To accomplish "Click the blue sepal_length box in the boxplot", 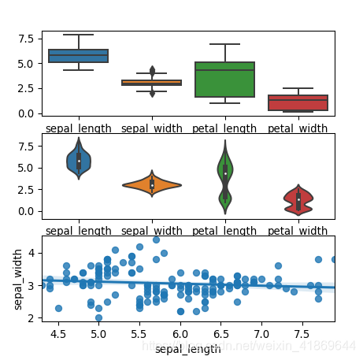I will [x=78, y=56].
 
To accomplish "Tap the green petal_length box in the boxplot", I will [x=225, y=80].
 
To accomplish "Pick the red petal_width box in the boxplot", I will [x=298, y=102].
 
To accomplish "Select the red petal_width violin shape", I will [x=298, y=200].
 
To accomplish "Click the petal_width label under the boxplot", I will [x=298, y=127].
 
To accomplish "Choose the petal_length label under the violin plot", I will [x=225, y=231].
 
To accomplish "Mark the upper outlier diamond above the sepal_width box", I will [x=152, y=70].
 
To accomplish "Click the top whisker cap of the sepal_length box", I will [x=78, y=35].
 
